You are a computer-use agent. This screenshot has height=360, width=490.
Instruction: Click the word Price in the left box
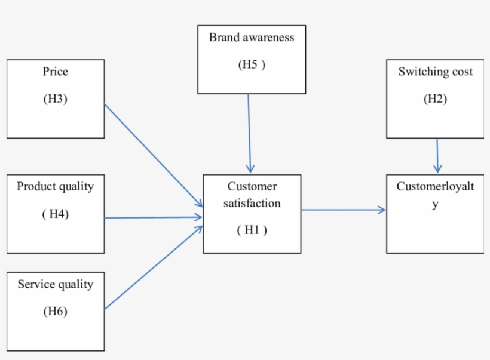click(55, 72)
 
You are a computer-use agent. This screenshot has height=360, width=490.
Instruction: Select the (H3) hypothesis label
click(55, 99)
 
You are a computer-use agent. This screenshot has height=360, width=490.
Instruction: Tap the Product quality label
click(55, 186)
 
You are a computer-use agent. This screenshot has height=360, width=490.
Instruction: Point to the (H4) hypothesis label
click(55, 214)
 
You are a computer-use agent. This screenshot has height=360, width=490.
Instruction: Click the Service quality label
click(55, 284)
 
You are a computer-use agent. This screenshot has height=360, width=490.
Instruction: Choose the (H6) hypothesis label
click(55, 311)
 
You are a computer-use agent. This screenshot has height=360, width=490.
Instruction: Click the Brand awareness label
click(252, 37)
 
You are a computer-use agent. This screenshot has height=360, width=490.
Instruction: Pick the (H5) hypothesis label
click(252, 64)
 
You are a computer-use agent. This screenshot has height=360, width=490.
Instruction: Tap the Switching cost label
click(436, 72)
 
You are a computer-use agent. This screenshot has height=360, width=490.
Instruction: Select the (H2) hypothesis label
click(435, 99)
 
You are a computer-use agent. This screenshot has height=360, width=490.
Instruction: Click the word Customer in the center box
click(252, 186)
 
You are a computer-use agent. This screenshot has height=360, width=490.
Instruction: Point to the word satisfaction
click(252, 203)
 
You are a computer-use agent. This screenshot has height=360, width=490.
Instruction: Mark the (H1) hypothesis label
click(252, 230)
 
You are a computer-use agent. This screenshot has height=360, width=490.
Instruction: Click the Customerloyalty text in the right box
click(435, 187)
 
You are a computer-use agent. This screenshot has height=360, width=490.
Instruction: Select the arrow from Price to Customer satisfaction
click(153, 155)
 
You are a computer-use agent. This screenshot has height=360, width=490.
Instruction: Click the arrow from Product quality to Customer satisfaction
click(153, 218)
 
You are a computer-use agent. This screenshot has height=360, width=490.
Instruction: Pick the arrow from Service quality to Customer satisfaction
click(153, 268)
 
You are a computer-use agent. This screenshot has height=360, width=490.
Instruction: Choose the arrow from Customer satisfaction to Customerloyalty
click(343, 210)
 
